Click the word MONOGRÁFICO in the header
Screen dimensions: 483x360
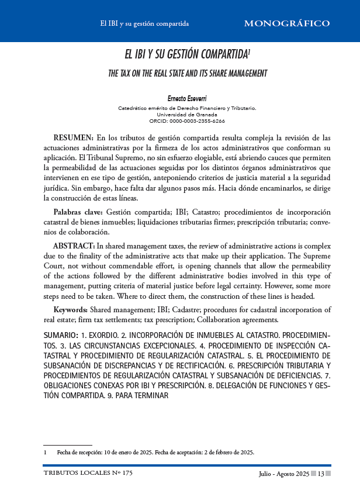coord(286,24)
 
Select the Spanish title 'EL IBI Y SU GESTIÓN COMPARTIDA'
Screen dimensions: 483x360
coord(186,56)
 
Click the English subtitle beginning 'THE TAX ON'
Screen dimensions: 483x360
coord(188,74)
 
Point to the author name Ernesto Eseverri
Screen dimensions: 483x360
coord(187,99)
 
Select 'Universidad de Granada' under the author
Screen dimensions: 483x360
coord(187,115)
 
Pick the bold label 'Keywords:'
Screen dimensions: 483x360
coord(71,309)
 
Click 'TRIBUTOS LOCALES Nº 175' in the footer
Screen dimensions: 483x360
coord(80,473)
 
